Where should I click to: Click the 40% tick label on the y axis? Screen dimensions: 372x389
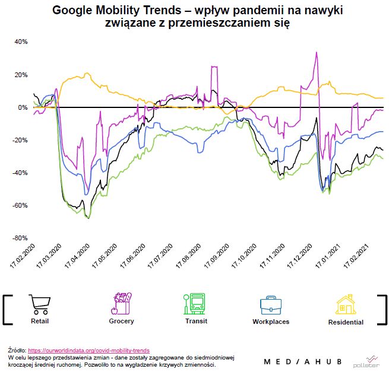click(x=21, y=42)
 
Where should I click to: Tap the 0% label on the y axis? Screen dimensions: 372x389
click(x=23, y=107)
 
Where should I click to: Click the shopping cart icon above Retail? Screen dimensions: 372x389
click(x=40, y=304)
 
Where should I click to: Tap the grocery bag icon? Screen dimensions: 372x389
click(x=121, y=303)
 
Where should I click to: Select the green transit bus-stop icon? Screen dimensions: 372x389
click(x=194, y=303)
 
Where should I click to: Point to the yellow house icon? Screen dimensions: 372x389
click(x=346, y=304)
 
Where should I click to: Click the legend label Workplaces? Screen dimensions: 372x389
click(x=270, y=322)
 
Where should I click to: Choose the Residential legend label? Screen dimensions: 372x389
click(x=346, y=322)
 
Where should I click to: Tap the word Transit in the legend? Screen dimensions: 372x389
click(x=196, y=321)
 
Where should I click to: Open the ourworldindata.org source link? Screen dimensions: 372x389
click(x=88, y=351)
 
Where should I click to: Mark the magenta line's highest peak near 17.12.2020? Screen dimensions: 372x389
click(x=317, y=52)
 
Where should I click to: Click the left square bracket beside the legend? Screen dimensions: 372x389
click(x=7, y=309)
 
